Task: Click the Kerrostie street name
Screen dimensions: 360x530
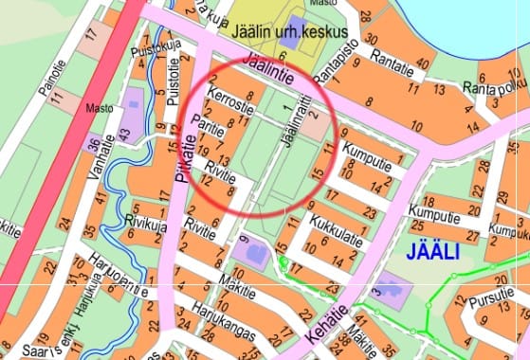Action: tap(232, 107)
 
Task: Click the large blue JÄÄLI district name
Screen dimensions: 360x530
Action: tap(432, 252)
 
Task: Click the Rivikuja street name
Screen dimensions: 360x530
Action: tap(145, 221)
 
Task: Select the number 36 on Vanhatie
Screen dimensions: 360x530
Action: tap(92, 145)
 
